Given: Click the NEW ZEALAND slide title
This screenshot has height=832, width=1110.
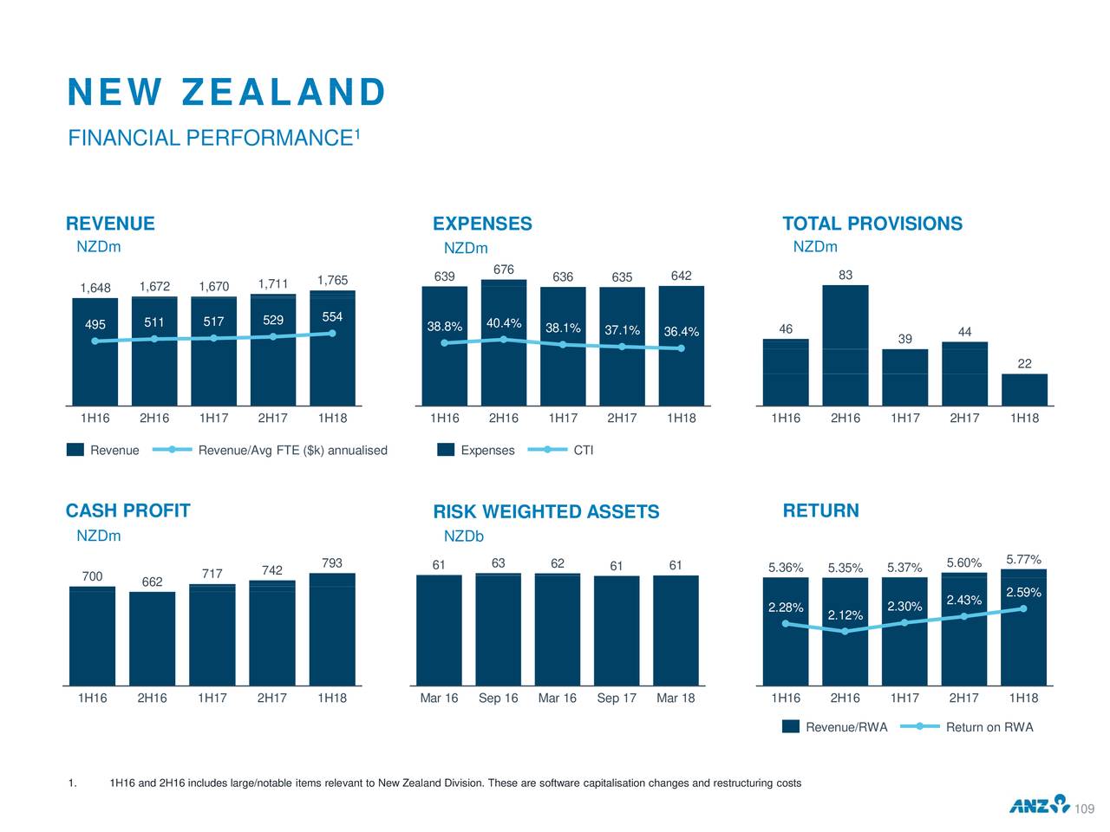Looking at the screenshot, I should (x=226, y=93).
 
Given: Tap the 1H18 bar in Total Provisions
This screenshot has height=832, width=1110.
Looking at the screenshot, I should (x=1024, y=389).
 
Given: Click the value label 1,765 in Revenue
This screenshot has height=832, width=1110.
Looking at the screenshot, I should (x=332, y=280).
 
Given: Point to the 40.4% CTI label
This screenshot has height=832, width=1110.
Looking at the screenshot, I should (x=504, y=324).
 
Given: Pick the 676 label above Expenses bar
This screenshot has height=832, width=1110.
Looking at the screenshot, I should (x=504, y=270).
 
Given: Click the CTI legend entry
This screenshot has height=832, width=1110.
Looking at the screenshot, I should (x=583, y=451).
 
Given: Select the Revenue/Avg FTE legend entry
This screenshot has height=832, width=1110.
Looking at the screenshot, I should (x=292, y=451).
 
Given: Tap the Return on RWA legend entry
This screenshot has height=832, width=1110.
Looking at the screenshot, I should (x=989, y=727).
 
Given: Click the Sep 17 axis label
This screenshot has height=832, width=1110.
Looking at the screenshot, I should (x=617, y=699).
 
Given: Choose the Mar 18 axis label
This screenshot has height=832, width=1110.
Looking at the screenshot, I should (x=676, y=699).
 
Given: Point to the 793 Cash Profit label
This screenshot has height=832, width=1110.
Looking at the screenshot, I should (x=332, y=563).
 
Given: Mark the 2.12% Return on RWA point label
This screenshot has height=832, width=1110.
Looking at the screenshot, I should (x=846, y=615).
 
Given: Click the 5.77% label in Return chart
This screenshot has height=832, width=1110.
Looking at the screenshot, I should (x=1023, y=559).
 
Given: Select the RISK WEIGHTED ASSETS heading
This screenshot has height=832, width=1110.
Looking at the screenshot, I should (x=546, y=512).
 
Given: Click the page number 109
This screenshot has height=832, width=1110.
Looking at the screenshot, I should (x=1084, y=809).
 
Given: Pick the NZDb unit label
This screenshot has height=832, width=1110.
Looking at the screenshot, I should (x=463, y=536).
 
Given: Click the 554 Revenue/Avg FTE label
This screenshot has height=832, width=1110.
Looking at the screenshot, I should (x=332, y=317).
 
